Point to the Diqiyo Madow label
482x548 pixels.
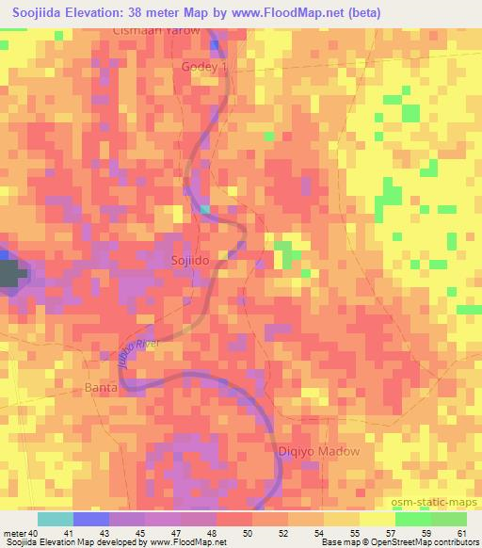[x=319, y=451]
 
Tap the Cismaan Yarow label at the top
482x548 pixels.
[x=157, y=30]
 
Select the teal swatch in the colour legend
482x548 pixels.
[x=55, y=519]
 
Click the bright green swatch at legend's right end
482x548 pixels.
[x=448, y=519]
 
